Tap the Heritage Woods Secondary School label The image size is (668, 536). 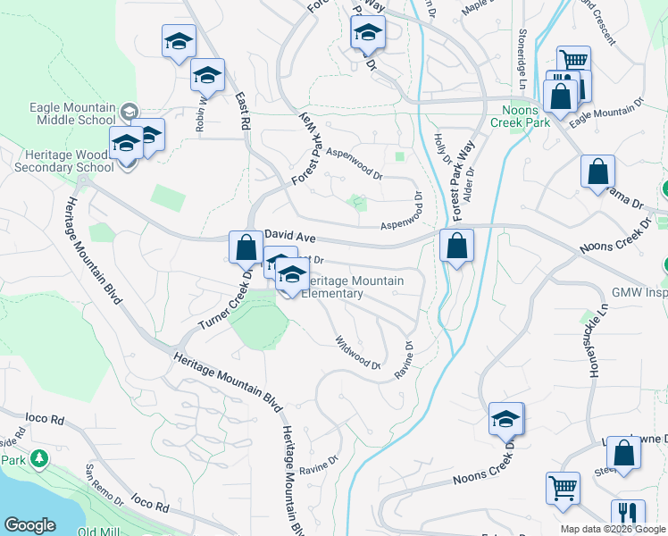59,161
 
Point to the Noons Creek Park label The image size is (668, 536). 522,115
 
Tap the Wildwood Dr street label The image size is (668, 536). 357,352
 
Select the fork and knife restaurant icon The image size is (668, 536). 628,515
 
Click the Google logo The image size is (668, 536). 29,525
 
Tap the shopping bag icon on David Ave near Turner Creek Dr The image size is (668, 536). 245,247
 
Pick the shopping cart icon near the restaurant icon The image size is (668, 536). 563,489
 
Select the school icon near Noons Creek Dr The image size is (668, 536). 505,418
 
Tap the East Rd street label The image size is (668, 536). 240,113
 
